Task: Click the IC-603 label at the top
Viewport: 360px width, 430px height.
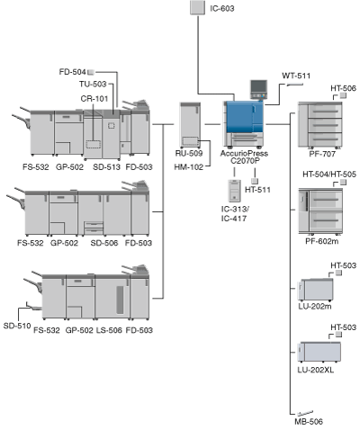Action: [222, 8]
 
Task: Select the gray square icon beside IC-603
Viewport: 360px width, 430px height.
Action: [198, 7]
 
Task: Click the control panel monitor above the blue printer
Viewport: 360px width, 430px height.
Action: [258, 89]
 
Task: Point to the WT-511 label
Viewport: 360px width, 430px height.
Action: [296, 76]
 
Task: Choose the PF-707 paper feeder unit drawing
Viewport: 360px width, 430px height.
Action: [319, 125]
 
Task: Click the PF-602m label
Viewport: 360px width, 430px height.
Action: [321, 241]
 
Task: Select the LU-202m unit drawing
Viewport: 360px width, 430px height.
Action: [316, 290]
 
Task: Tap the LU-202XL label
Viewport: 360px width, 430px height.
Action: [315, 370]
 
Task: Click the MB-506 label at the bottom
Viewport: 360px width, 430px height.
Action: [309, 422]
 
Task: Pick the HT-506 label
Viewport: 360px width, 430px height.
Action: [343, 88]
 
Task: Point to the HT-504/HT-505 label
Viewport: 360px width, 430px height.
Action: [329, 175]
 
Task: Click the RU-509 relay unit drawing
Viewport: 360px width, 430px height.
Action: [190, 125]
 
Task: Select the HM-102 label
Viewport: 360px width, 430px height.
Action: [189, 167]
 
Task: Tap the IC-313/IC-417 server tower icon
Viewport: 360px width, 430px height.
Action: [234, 191]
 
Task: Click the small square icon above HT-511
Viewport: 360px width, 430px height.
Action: [255, 181]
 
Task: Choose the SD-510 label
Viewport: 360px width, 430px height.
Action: [17, 326]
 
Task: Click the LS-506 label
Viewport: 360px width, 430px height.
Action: [109, 330]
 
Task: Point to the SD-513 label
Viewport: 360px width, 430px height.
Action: [106, 167]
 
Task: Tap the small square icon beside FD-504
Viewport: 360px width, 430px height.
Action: [91, 72]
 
